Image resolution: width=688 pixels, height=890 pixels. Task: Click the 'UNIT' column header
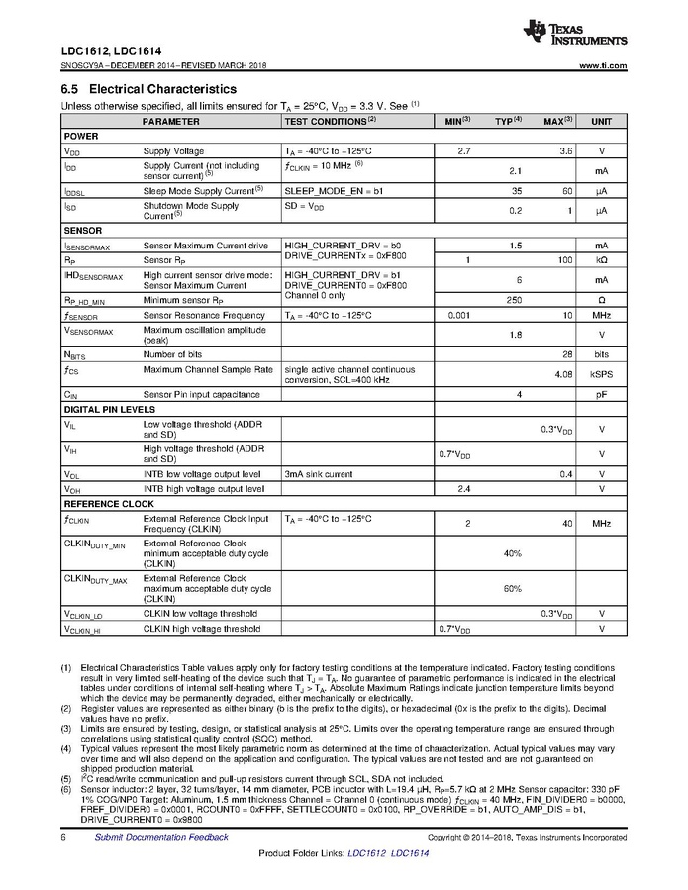[601, 121]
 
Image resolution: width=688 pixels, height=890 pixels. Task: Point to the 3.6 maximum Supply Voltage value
[565, 151]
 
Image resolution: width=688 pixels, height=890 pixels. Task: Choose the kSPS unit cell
[601, 373]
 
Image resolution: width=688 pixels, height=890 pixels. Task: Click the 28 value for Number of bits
[566, 353]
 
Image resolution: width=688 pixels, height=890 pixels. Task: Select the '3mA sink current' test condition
[318, 474]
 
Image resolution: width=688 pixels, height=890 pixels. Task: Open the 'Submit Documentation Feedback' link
[160, 837]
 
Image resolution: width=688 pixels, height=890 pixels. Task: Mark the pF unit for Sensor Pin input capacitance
[601, 394]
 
